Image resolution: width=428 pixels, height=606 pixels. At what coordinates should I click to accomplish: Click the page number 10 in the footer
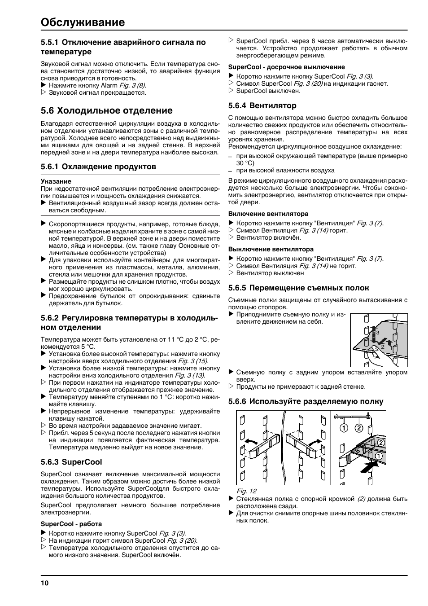click(44, 583)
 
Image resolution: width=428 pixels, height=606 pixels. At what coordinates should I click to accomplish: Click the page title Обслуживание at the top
click(83, 22)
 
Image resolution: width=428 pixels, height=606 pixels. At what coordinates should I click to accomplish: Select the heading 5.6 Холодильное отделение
click(106, 110)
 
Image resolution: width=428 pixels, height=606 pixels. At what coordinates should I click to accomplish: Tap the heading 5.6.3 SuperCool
click(71, 462)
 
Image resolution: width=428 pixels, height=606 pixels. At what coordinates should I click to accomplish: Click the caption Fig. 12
click(246, 491)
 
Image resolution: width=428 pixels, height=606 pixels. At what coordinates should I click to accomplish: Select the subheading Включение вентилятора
click(268, 214)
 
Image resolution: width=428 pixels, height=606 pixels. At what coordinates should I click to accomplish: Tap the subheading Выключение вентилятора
click(271, 249)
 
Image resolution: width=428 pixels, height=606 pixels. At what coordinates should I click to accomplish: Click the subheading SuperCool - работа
click(71, 524)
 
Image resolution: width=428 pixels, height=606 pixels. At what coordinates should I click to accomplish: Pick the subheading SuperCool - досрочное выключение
click(287, 67)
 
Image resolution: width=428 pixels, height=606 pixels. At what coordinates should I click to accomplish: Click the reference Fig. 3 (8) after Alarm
click(132, 85)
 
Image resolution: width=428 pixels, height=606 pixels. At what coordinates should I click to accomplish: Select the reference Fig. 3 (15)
click(193, 361)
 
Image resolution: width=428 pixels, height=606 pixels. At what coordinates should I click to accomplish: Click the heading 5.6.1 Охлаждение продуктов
click(98, 167)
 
